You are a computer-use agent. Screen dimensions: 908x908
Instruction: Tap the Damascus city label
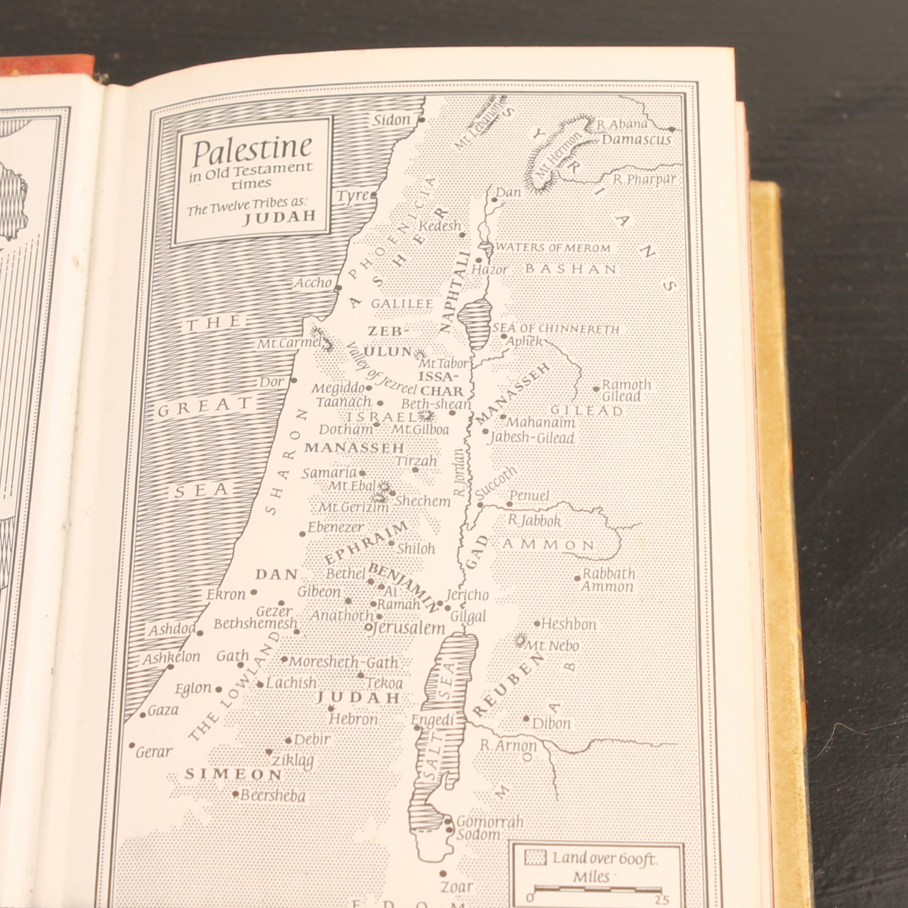pos(636,140)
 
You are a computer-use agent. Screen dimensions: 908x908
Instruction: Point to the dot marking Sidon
pos(422,120)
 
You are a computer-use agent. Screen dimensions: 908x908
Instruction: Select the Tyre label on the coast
pos(353,196)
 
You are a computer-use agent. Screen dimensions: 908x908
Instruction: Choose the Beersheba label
pos(273,796)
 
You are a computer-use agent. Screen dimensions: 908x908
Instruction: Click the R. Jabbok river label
pos(535,521)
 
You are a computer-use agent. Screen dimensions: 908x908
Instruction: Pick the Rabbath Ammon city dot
pos(578,578)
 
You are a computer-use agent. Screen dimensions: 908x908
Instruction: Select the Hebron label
pos(353,719)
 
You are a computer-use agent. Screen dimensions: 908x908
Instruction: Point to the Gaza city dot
pos(143,715)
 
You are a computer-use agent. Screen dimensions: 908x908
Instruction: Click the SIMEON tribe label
pos(233,774)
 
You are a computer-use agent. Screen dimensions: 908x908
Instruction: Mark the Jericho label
pos(467,595)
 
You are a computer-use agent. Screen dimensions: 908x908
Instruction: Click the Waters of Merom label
pos(553,248)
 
